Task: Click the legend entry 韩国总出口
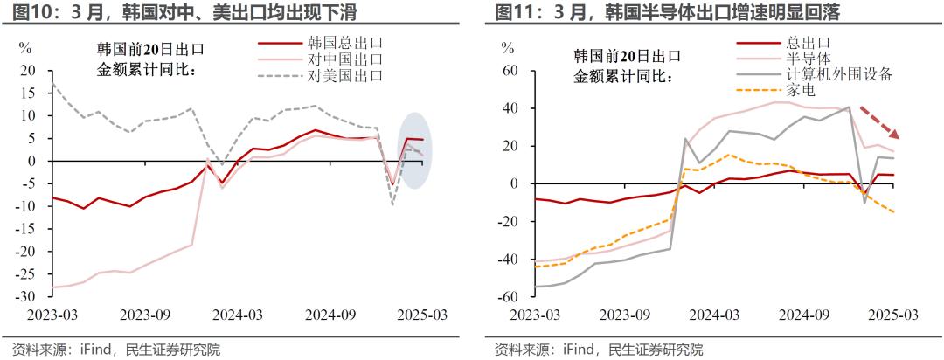pyautogui.click(x=346, y=42)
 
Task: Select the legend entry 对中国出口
pyautogui.click(x=346, y=59)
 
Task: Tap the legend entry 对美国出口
pyautogui.click(x=346, y=75)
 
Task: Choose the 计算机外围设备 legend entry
pyautogui.click(x=839, y=74)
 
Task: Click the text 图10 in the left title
pyautogui.click(x=20, y=12)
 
